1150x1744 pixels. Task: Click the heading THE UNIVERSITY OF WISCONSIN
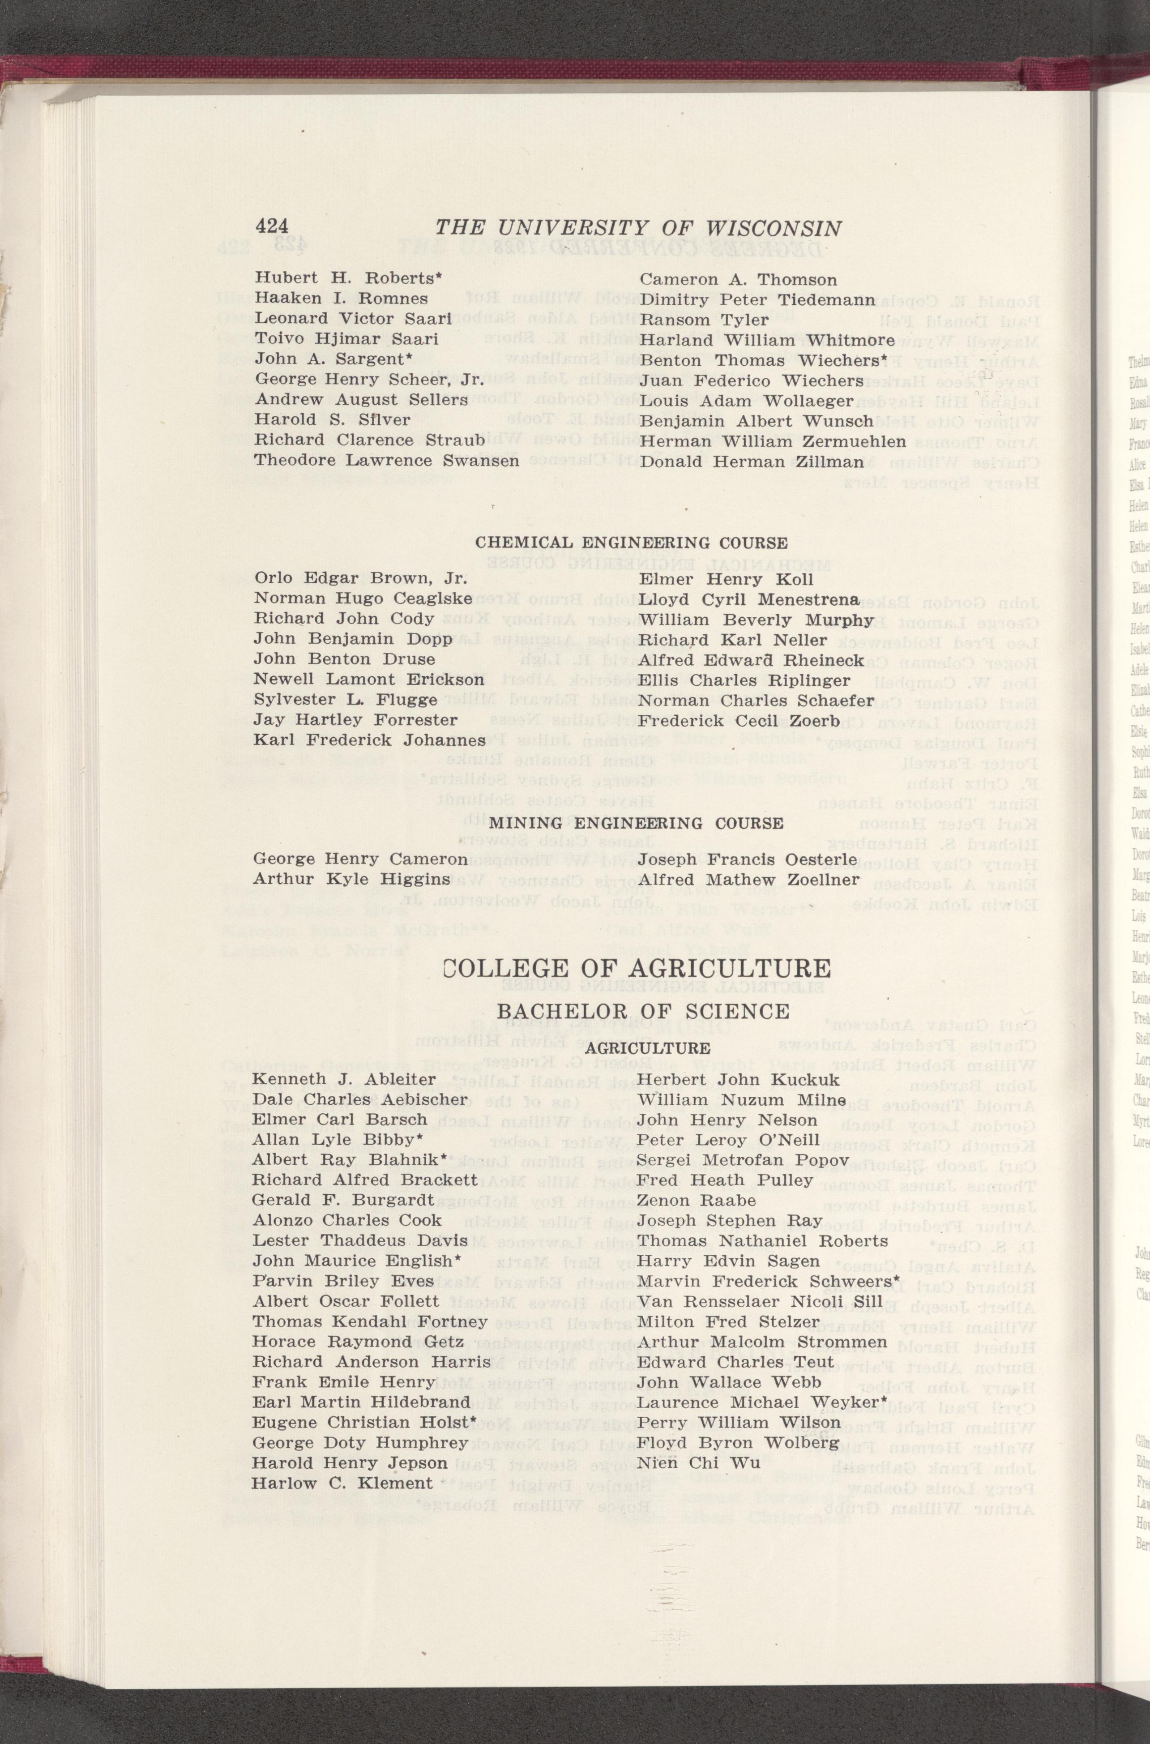pyautogui.click(x=638, y=228)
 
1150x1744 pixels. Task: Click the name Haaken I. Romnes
pyautogui.click(x=341, y=299)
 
